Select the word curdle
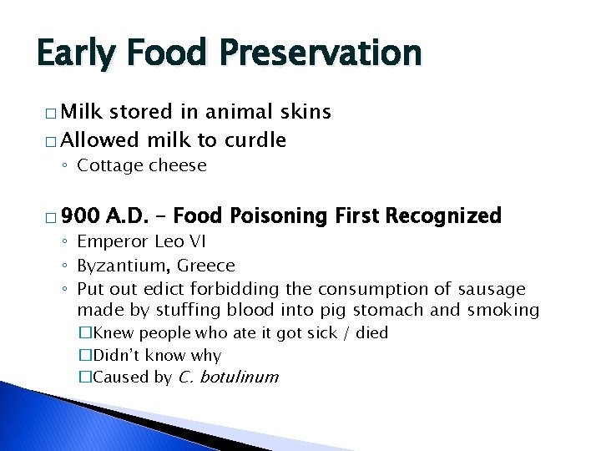click(x=251, y=139)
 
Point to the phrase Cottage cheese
click(x=141, y=165)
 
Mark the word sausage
click(x=492, y=289)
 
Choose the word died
click(x=371, y=333)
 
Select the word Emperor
click(x=111, y=242)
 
